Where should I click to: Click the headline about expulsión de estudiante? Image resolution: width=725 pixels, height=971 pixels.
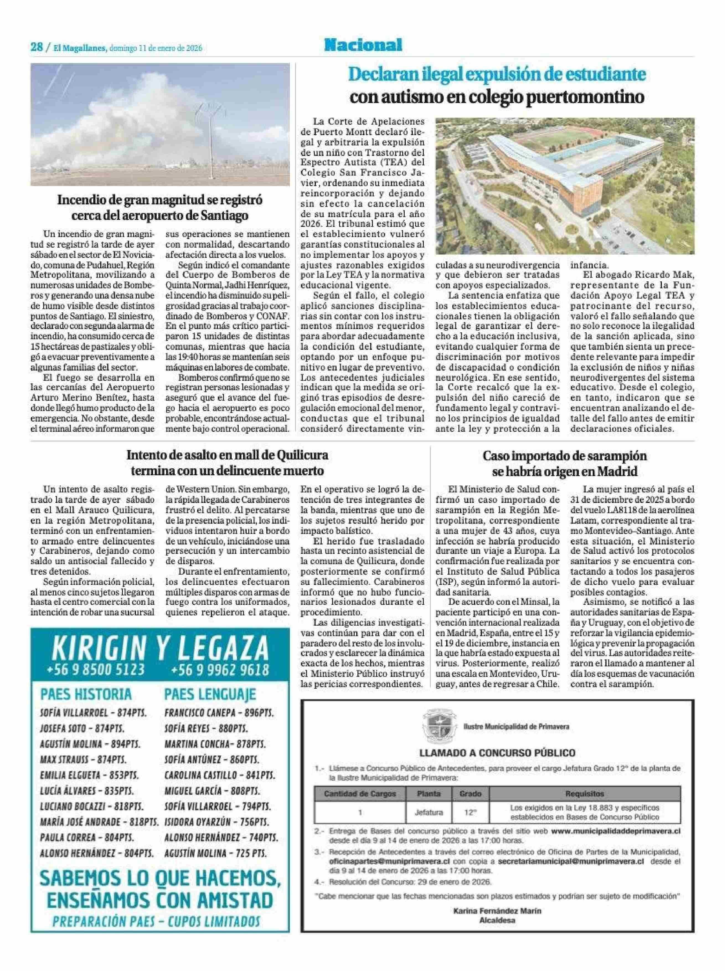point(497,85)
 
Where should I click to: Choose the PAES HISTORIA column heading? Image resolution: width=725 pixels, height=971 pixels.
point(86,694)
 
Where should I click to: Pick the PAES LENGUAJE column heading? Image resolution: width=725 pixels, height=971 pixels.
point(210,694)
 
